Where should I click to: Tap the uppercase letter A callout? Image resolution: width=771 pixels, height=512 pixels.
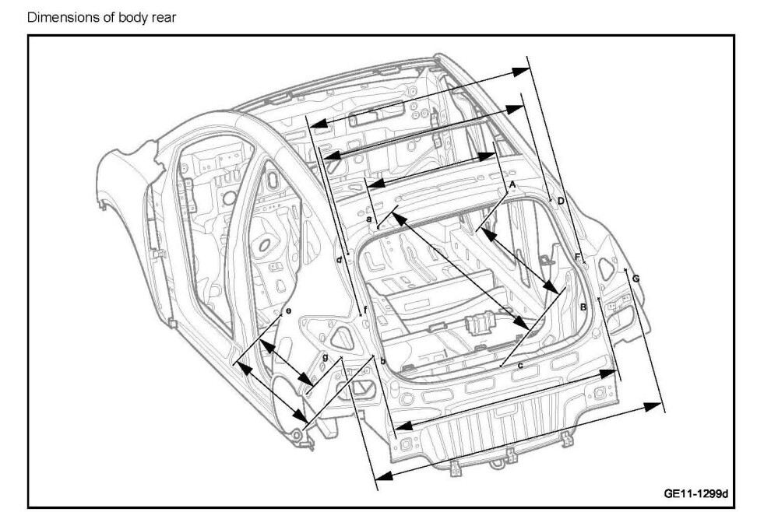click(x=512, y=185)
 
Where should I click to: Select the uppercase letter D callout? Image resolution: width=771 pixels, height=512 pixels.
click(x=560, y=201)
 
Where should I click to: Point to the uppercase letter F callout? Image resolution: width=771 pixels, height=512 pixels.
click(x=577, y=256)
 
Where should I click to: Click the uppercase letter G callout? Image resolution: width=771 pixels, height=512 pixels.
click(x=636, y=278)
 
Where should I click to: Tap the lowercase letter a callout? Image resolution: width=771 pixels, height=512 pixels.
click(x=369, y=219)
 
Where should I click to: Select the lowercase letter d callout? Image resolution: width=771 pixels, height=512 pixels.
click(x=340, y=259)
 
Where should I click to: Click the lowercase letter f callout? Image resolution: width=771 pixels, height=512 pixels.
click(x=364, y=310)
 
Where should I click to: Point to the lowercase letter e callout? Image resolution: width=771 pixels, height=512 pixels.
click(x=288, y=310)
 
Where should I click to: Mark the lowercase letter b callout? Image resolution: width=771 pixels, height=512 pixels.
click(x=382, y=360)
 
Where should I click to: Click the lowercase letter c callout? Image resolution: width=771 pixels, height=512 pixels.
click(x=519, y=365)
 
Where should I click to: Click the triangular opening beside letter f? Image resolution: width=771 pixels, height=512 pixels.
click(x=340, y=336)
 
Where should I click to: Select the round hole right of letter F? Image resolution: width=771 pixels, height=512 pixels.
click(x=605, y=268)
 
